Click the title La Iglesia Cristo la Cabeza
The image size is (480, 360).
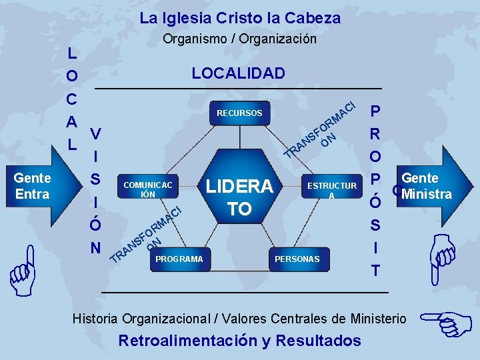(240, 18)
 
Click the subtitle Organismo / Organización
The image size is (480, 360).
(240, 39)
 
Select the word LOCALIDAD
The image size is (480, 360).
(238, 73)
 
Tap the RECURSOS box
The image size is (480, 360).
(239, 113)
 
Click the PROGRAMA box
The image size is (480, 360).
(179, 259)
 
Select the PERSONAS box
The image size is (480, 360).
(297, 259)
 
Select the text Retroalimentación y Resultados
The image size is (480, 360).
(239, 341)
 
